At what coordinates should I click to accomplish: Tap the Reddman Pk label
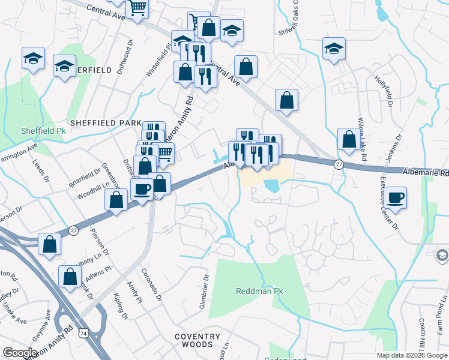coord(259,291)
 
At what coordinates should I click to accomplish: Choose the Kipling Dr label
coord(121,306)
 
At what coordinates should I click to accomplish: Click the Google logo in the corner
coord(20,353)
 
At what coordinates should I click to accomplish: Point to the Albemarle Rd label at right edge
coord(432,173)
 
